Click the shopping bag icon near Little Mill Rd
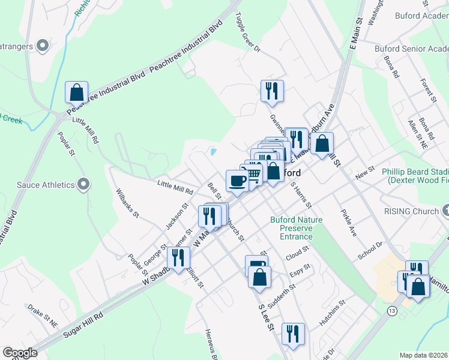pyautogui.click(x=76, y=92)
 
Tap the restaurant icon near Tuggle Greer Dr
pyautogui.click(x=272, y=91)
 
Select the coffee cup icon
pyautogui.click(x=237, y=181)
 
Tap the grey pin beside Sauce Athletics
pyautogui.click(x=83, y=184)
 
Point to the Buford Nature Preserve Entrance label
pyautogui.click(x=296, y=228)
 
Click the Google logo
pyautogui.click(x=20, y=352)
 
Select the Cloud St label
pyautogui.click(x=297, y=250)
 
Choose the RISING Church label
pyautogui.click(x=412, y=211)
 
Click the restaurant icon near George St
pyautogui.click(x=178, y=257)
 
